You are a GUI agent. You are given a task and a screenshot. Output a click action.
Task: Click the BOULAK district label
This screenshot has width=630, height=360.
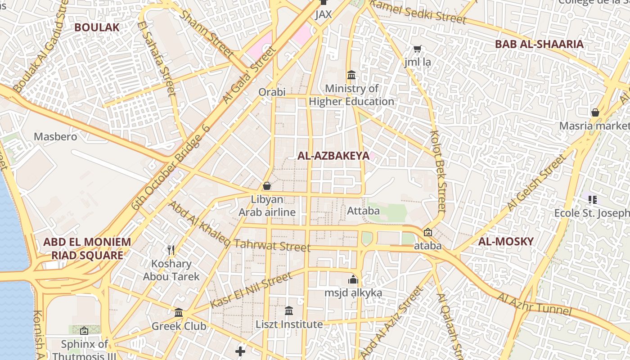[97, 27]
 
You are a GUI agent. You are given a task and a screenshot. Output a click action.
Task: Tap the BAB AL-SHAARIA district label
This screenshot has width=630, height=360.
[539, 44]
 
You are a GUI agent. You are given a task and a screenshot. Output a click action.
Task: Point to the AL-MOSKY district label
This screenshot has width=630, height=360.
[506, 241]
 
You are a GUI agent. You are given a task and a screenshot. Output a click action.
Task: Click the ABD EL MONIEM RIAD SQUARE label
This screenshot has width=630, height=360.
[87, 248]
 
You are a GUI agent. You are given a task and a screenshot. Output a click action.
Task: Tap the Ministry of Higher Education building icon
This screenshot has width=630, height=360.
[351, 75]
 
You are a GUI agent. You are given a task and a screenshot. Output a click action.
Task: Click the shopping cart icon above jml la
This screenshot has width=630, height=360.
[417, 49]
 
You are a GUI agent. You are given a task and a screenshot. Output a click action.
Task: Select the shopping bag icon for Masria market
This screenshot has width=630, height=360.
[595, 112]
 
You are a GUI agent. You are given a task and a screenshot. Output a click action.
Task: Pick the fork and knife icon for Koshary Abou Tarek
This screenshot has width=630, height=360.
[171, 250]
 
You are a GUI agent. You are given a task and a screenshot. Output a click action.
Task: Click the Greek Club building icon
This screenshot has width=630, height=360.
[179, 312]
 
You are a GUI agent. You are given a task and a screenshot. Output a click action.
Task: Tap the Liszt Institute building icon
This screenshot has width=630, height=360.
[289, 310]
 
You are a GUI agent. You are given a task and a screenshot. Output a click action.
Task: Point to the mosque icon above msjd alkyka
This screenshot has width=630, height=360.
[353, 279]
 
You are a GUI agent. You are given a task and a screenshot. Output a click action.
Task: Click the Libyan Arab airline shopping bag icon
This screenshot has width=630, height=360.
[267, 186]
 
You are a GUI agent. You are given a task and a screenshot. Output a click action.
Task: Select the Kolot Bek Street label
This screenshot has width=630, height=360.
[438, 171]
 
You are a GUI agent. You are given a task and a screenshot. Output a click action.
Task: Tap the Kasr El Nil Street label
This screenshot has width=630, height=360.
[251, 291]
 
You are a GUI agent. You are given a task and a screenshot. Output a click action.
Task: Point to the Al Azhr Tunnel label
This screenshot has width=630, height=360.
[534, 305]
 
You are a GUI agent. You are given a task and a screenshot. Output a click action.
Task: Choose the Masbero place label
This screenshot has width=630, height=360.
[56, 136]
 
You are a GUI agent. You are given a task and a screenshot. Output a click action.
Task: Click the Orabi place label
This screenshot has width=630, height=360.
[272, 92]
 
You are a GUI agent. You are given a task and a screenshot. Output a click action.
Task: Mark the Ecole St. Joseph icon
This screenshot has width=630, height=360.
[592, 199]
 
